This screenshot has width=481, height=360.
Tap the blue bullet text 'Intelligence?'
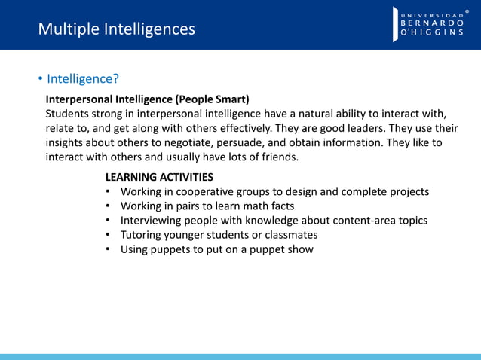83,79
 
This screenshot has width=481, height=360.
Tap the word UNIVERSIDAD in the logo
432,13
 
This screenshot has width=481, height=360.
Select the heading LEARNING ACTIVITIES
159,177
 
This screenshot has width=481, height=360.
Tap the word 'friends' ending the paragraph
278,157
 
